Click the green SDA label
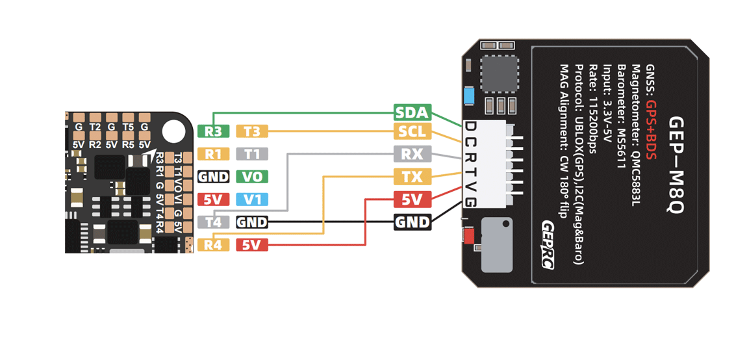click(x=412, y=113)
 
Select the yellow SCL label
click(x=412, y=131)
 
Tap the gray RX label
click(x=412, y=153)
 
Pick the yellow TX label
click(x=412, y=177)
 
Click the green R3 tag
click(x=213, y=131)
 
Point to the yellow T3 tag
click(x=252, y=131)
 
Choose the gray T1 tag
click(x=252, y=153)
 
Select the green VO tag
click(x=252, y=177)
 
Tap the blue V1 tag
click(x=252, y=199)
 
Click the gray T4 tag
click(x=213, y=222)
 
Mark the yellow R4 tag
click(x=213, y=246)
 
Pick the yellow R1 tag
click(x=213, y=153)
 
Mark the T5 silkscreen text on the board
click(x=128, y=127)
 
